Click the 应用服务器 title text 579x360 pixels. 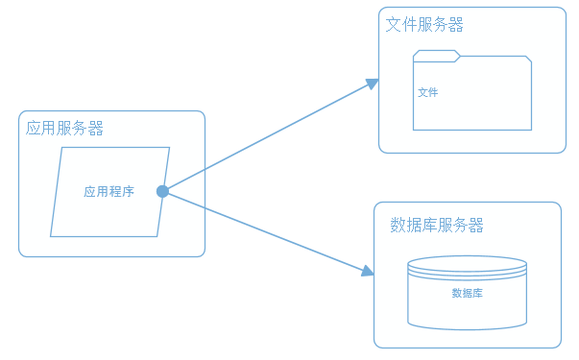64,128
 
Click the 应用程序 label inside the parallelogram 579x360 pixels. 109,191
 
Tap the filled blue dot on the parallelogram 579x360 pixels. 162,191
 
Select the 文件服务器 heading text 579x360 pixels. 424,24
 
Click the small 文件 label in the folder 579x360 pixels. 428,93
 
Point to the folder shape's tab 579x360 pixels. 437,55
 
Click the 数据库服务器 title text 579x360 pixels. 437,226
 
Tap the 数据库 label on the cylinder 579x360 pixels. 467,293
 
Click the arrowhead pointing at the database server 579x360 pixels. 368,272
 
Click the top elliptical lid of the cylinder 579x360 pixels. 467,264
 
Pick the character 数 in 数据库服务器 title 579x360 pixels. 398,226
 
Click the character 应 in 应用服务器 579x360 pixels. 34,128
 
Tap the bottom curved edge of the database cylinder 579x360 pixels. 467,328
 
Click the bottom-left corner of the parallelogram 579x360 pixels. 52,235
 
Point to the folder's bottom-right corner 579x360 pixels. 531,129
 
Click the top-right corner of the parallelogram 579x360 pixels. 169,148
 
